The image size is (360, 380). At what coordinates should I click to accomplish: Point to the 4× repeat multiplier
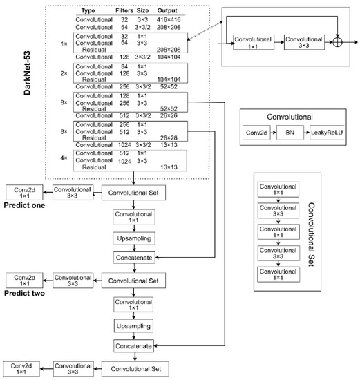pos(63,158)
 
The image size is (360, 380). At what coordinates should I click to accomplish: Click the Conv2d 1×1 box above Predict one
pos(26,193)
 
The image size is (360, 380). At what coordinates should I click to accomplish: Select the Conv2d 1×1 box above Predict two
pos(26,281)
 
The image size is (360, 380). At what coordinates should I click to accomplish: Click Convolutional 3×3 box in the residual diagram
pos(304,43)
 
